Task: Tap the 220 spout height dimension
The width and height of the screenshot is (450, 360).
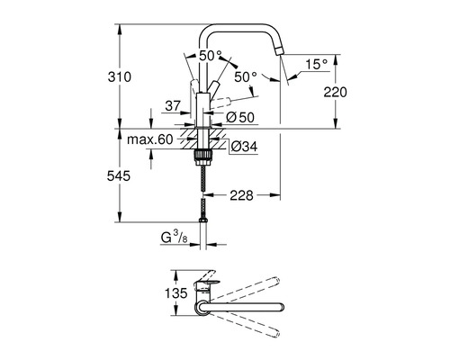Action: [334, 91]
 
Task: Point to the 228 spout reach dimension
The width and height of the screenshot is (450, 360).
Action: [239, 193]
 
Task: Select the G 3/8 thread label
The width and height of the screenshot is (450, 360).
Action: [171, 238]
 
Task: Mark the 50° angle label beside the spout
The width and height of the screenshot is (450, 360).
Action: [246, 78]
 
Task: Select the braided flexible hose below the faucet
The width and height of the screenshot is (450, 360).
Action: [207, 193]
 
